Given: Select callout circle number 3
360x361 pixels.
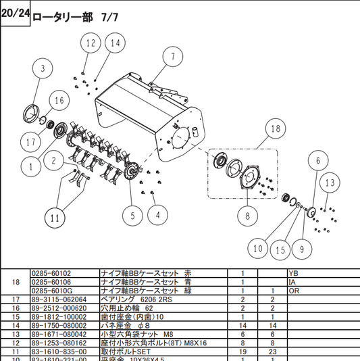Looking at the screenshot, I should (43, 68).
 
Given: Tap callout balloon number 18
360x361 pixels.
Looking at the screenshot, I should (275, 128).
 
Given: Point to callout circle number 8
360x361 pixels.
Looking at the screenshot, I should (247, 216).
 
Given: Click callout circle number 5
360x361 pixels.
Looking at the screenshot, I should (132, 216).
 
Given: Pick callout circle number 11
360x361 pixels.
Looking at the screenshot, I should (55, 218).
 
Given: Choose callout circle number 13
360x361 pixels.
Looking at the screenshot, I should (329, 183).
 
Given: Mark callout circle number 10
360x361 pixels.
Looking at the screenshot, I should (257, 249).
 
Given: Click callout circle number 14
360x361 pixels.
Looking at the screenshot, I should (115, 43).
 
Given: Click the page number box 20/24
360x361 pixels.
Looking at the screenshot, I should (15, 14).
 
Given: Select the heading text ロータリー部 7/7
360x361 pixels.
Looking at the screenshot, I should (76, 16).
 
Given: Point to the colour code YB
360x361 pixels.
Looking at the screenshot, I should (292, 274).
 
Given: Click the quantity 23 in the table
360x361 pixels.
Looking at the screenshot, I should (273, 352).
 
